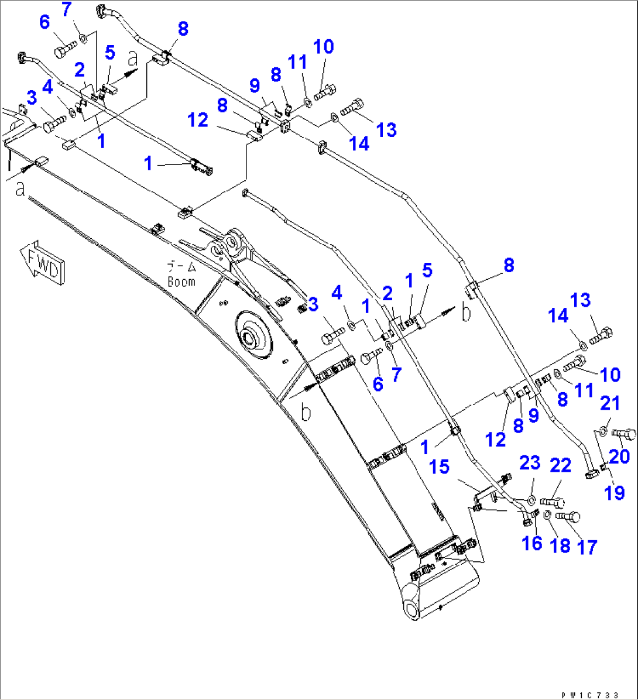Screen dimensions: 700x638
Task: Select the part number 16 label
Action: click(531, 543)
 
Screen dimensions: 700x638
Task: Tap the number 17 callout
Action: click(586, 547)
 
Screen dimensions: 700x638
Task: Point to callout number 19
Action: click(615, 493)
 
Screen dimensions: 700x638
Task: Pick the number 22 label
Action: click(560, 466)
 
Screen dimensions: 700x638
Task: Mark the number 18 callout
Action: click(560, 545)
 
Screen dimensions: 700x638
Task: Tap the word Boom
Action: click(181, 281)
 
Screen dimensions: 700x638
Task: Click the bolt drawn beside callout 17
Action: click(567, 516)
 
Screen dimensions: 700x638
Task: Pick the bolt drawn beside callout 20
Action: click(623, 434)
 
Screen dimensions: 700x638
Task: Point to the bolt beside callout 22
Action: click(552, 501)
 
